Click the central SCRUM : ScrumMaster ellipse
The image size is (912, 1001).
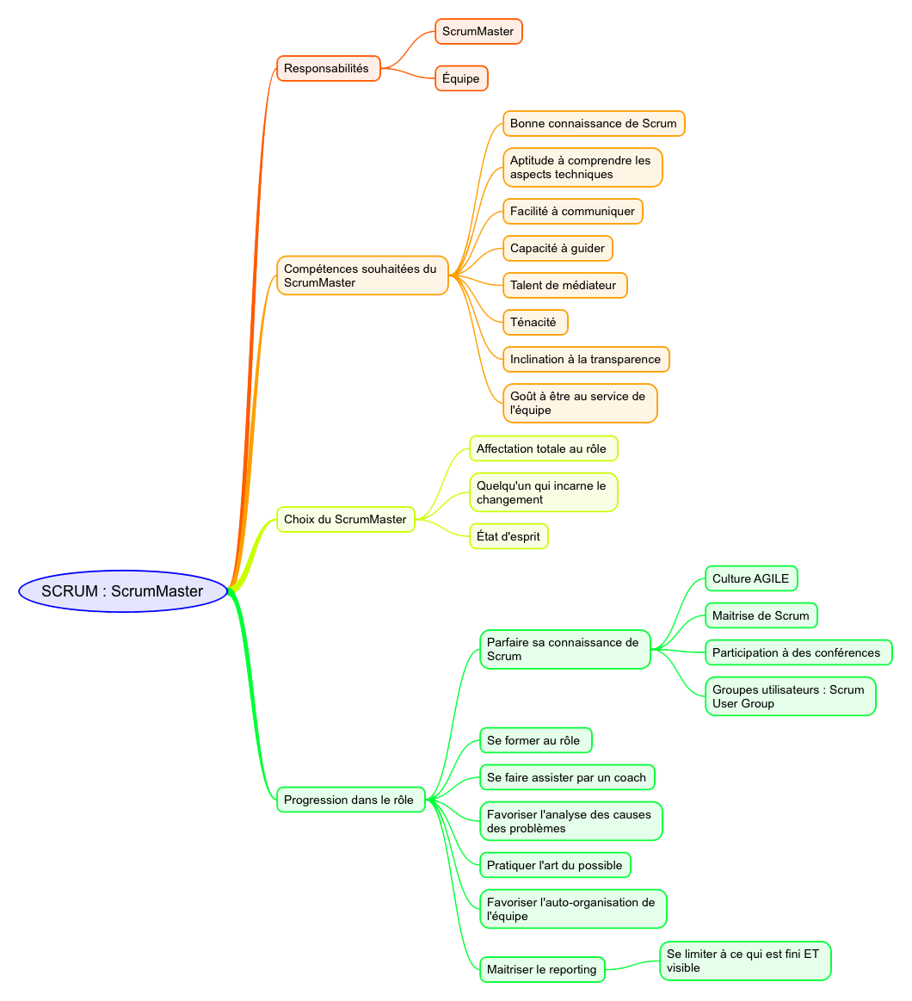tap(123, 591)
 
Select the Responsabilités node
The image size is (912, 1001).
tap(328, 68)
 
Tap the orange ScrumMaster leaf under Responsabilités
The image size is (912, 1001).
tap(478, 32)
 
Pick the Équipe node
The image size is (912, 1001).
tap(461, 78)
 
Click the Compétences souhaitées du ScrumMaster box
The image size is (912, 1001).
tap(362, 275)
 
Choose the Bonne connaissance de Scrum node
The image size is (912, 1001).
tap(594, 123)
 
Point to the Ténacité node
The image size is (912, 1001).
tap(535, 322)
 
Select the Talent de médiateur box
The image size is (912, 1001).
tap(564, 285)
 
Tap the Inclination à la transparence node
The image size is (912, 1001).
tap(586, 359)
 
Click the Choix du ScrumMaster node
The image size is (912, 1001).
tap(346, 519)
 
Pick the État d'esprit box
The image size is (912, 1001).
tap(508, 536)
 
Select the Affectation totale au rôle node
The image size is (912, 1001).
tap(543, 448)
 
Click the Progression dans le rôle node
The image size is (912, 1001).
tap(350, 800)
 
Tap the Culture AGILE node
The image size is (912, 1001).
tap(751, 578)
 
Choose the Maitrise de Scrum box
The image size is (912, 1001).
tap(761, 615)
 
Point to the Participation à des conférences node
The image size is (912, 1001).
tap(798, 652)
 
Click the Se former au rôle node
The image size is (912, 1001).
tap(535, 740)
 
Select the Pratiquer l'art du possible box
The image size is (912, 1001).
tap(555, 865)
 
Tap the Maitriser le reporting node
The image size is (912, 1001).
tap(542, 969)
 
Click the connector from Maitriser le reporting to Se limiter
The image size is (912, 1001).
tap(633, 964)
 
